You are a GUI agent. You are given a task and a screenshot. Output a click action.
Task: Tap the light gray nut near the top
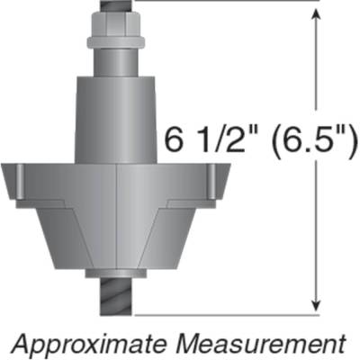point(119,41)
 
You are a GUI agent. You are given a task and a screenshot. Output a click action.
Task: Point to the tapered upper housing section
point(119,117)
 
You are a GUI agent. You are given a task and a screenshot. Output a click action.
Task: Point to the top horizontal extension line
point(225,2)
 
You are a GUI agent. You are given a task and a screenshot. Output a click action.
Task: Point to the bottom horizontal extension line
point(225,316)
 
